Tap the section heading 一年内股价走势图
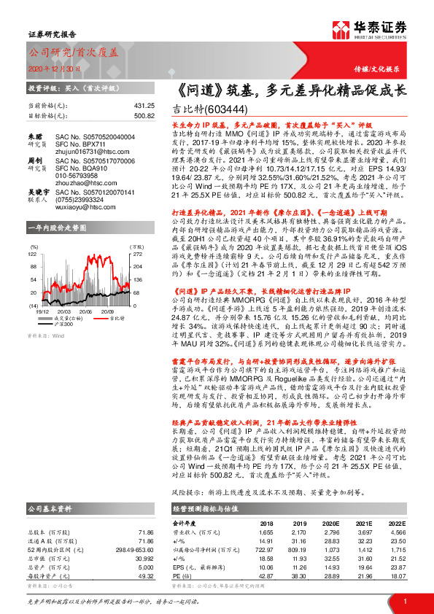pos(57,228)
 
